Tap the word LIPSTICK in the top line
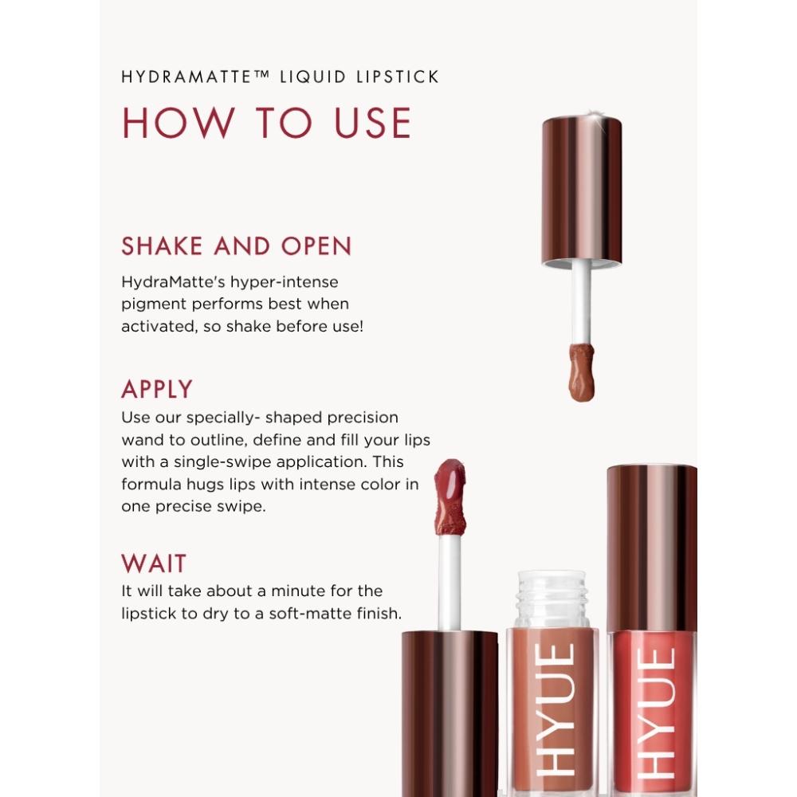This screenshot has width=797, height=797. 397,77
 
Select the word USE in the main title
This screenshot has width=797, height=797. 372,123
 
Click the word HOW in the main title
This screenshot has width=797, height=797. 178,123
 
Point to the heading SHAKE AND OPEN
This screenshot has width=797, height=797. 237,246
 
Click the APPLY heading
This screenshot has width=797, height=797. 157,390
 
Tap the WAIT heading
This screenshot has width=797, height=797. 154,563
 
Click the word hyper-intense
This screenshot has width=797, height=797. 285,282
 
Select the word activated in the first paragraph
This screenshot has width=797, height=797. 159,326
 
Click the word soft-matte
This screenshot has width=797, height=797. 310,614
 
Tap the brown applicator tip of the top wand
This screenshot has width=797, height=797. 582,372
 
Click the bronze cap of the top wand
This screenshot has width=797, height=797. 582,190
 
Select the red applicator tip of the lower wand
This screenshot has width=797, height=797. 450,497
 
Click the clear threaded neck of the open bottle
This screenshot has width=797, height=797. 552,600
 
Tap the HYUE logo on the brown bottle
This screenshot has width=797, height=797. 556,710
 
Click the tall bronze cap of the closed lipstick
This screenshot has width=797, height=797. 652,548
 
